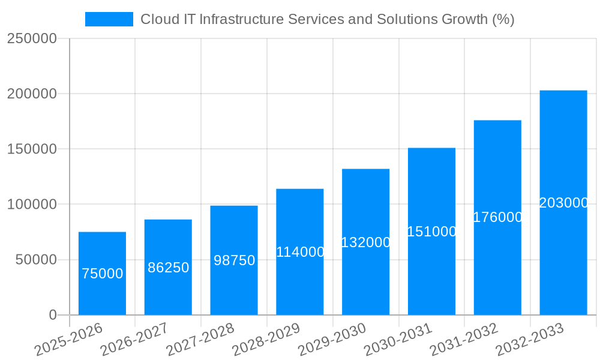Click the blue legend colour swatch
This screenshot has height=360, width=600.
click(109, 19)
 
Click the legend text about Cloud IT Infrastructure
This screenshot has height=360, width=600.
click(327, 19)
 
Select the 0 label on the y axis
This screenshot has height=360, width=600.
click(53, 315)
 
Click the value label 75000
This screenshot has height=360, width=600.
click(103, 274)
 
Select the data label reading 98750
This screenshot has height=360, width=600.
click(235, 260)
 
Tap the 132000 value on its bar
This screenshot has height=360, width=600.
click(366, 242)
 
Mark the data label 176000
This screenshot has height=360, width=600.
click(498, 217)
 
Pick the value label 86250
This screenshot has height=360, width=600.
click(169, 268)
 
